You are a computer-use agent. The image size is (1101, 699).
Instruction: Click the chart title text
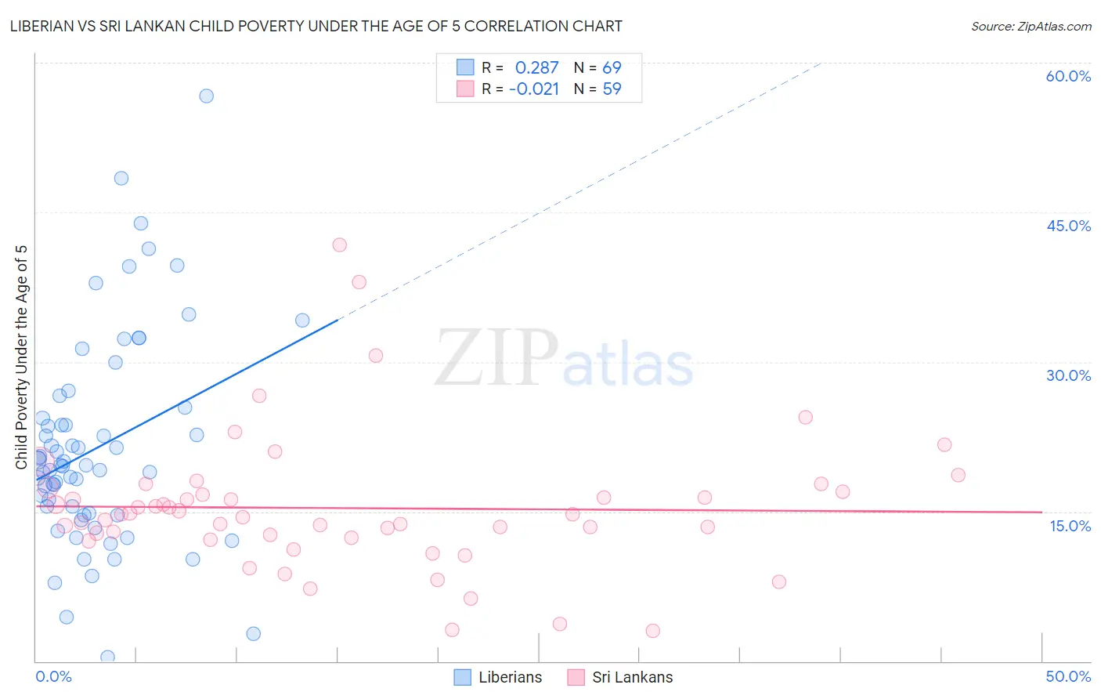coord(316,26)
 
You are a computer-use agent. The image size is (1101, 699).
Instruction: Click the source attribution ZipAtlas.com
coord(1031,26)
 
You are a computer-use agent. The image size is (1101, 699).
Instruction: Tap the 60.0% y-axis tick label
coord(1068,76)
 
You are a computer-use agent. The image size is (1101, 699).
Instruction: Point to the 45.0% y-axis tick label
coord(1068,226)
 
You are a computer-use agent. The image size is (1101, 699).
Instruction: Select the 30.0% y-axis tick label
coord(1068,375)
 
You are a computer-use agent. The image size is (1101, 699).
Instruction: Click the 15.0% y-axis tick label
coord(1070,526)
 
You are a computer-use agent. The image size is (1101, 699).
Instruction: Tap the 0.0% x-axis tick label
coord(53,676)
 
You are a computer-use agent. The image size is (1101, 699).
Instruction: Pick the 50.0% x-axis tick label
coord(1068,676)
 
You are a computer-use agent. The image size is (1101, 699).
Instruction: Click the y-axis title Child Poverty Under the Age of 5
coord(22,357)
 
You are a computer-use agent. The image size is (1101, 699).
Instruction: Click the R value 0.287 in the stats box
coord(536,68)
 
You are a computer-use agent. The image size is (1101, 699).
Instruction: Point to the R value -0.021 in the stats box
coord(534,89)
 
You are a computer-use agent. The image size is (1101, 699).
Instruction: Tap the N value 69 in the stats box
coord(612,68)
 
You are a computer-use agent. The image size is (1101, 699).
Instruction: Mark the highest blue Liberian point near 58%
coord(206,96)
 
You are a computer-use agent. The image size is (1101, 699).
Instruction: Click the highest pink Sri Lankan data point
coord(339,244)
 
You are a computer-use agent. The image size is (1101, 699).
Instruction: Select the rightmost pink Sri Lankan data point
coord(958,475)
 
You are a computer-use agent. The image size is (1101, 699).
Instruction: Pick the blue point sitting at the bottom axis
coord(107,657)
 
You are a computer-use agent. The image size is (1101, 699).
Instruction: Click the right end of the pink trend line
coord(1041,512)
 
